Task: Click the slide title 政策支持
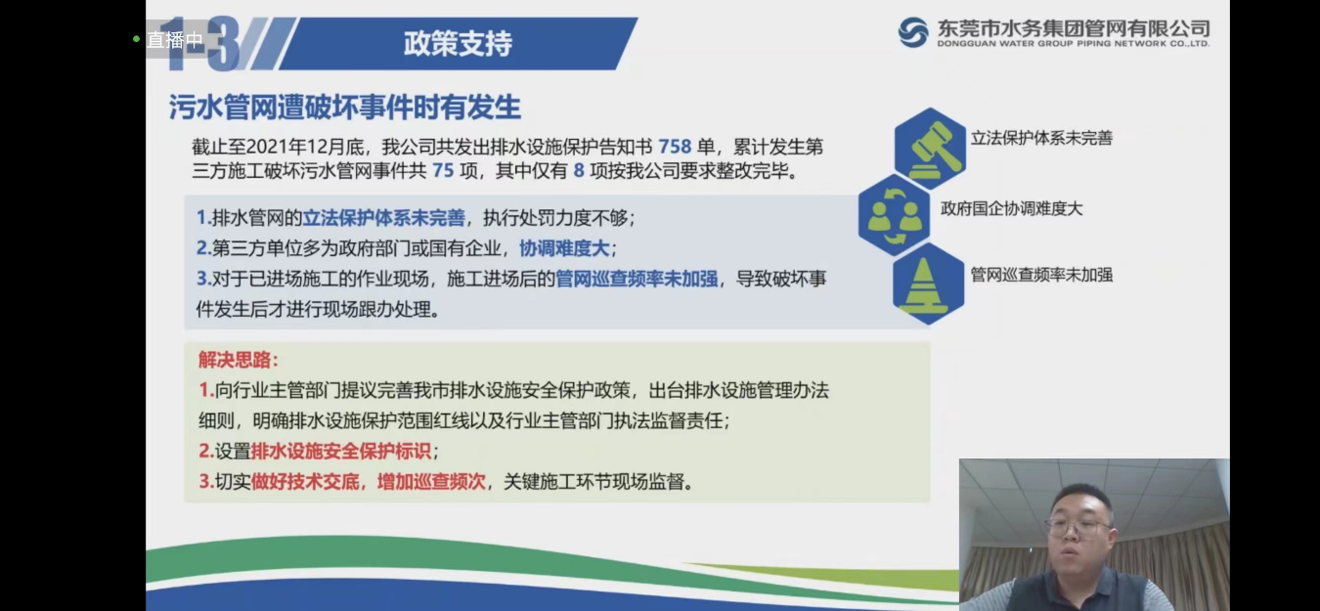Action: coord(458,44)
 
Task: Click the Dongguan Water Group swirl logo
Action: coord(913,32)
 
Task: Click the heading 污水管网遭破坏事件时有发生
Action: coord(344,108)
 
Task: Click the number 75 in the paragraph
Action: coord(442,171)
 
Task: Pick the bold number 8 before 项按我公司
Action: coord(579,171)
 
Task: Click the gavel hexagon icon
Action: coord(929,148)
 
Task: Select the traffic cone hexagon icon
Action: coord(928,283)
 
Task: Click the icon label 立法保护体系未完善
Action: coord(1041,139)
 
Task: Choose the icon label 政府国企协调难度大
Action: coord(1012,208)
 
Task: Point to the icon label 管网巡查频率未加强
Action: coord(1041,276)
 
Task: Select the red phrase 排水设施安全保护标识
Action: coord(341,452)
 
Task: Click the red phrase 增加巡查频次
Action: coord(431,482)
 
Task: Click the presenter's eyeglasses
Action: coord(1078,526)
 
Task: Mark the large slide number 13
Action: coord(203,44)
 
